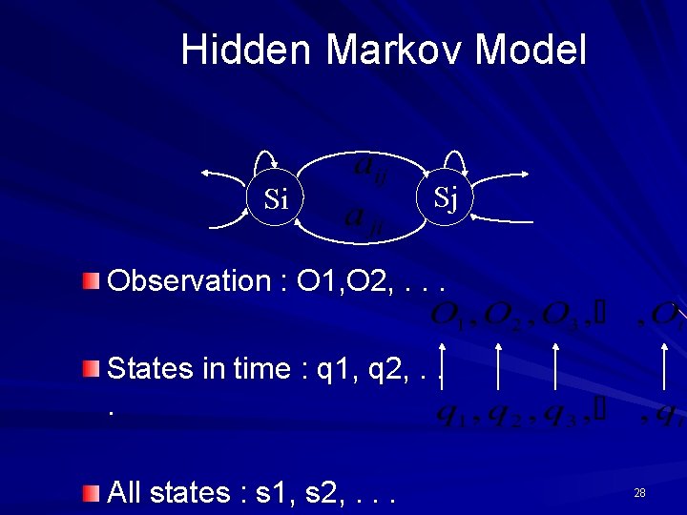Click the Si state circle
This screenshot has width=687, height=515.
pos(276,199)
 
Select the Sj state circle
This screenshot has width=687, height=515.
pos(446,197)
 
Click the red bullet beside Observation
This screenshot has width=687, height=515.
pos(90,280)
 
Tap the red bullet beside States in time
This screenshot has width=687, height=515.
pos(90,368)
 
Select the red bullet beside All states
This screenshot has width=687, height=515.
pos(90,492)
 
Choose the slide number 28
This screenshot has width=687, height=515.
pos(639,492)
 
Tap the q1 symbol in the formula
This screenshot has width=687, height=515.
pos(448,414)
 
